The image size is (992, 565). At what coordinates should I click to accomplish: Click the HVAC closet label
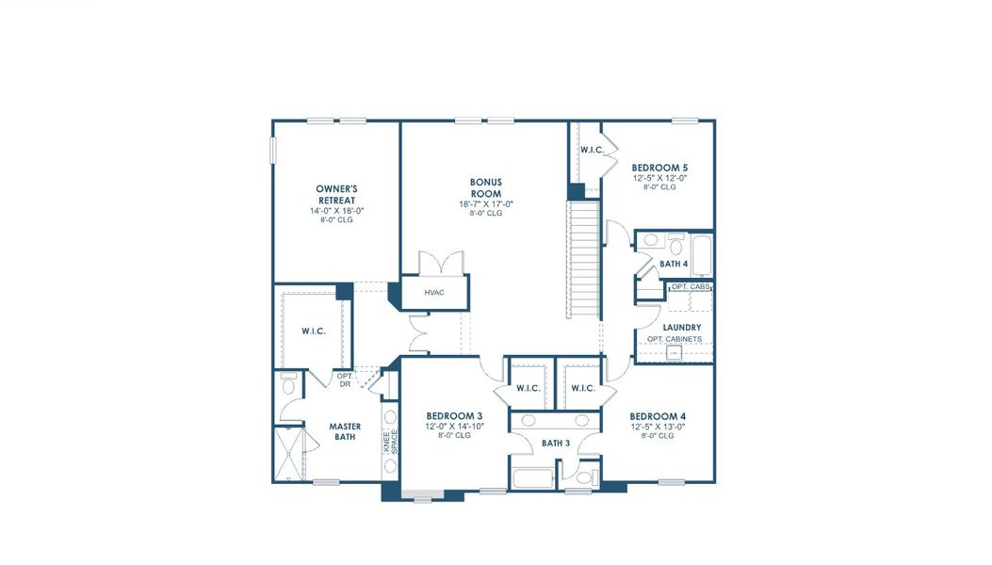pyautogui.click(x=433, y=293)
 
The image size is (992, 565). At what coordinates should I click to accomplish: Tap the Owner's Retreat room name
pyautogui.click(x=336, y=195)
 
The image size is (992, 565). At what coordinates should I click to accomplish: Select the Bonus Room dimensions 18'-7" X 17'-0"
pyautogui.click(x=486, y=204)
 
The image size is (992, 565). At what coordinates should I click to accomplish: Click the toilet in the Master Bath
pyautogui.click(x=289, y=383)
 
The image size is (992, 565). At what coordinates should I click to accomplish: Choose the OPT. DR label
pyautogui.click(x=345, y=380)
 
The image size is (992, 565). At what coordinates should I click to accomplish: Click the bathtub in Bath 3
pyautogui.click(x=532, y=477)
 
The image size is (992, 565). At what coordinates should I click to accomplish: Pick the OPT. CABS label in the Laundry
pyautogui.click(x=690, y=286)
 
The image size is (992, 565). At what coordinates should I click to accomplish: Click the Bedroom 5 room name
pyautogui.click(x=659, y=168)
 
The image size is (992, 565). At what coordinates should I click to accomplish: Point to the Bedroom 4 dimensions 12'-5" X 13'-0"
pyautogui.click(x=658, y=427)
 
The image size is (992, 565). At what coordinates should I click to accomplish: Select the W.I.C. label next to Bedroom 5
pyautogui.click(x=592, y=150)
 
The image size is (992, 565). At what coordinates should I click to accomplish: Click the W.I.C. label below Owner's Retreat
pyautogui.click(x=314, y=331)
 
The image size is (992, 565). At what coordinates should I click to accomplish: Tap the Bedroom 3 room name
pyautogui.click(x=454, y=416)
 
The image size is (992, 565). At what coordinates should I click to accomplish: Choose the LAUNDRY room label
pyautogui.click(x=681, y=328)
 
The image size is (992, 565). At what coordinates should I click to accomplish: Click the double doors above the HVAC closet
pyautogui.click(x=439, y=263)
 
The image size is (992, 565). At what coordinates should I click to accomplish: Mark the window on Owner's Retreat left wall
pyautogui.click(x=273, y=151)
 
